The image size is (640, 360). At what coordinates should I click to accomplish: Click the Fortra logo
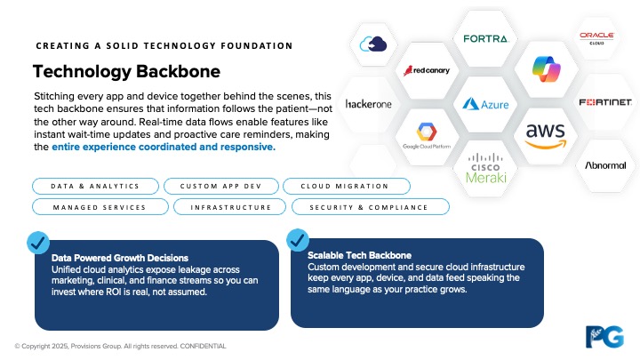(485, 38)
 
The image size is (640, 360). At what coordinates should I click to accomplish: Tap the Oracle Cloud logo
(596, 37)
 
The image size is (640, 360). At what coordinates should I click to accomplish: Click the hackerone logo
(368, 104)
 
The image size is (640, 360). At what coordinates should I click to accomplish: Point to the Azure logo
(485, 104)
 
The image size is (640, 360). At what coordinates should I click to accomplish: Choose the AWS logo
(545, 135)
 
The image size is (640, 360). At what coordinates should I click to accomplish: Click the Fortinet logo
(605, 102)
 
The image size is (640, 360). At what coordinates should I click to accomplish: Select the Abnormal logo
(605, 165)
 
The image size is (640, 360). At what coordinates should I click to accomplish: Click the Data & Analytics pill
(95, 186)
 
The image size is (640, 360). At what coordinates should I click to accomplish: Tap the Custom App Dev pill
(220, 186)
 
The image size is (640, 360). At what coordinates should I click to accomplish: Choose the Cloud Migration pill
(346, 186)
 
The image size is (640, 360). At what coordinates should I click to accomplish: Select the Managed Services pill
(99, 207)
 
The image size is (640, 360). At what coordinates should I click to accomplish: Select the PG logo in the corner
(604, 336)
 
